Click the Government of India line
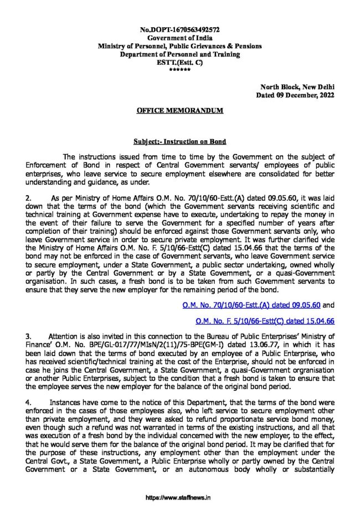[x=179, y=38]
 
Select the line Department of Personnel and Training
[x=179, y=54]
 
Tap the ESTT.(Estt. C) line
[x=179, y=63]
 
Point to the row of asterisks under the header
[x=179, y=71]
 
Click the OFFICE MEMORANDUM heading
[x=179, y=111]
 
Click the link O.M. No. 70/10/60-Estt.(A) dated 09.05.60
[x=250, y=304]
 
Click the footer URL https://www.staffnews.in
[x=179, y=498]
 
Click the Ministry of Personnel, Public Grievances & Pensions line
[x=179, y=46]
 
